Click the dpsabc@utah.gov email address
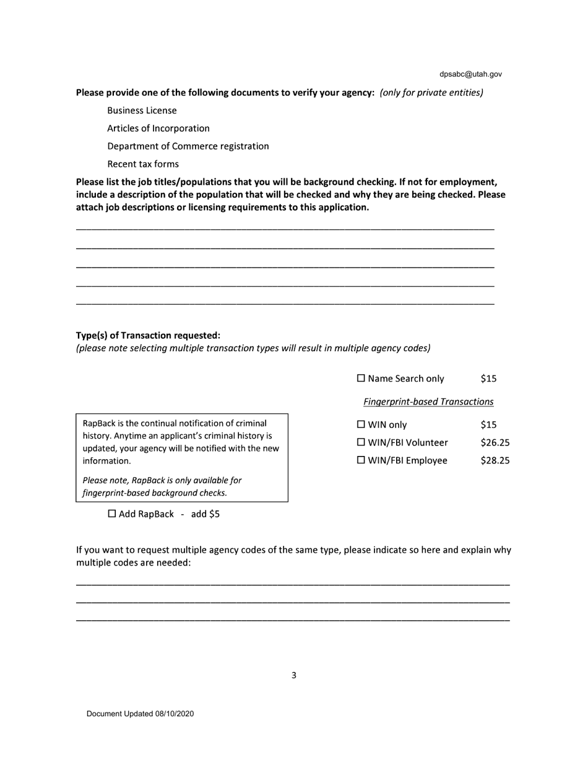tap(470, 74)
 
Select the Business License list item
tap(142, 110)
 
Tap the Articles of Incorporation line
tap(158, 128)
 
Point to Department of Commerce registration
tap(188, 146)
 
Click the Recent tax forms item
tap(143, 164)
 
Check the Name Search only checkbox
tap(361, 379)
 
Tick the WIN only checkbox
tap(361, 425)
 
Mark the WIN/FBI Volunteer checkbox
tap(361, 443)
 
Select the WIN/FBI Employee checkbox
tap(361, 461)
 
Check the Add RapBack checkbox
tap(112, 514)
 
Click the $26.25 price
tap(495, 443)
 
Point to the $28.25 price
tap(495, 461)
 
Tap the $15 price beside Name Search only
tap(488, 379)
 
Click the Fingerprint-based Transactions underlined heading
tap(428, 402)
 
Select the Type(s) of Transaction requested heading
tap(148, 335)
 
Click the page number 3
tap(293, 675)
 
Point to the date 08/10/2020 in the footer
tap(175, 714)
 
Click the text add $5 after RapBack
tap(205, 514)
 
